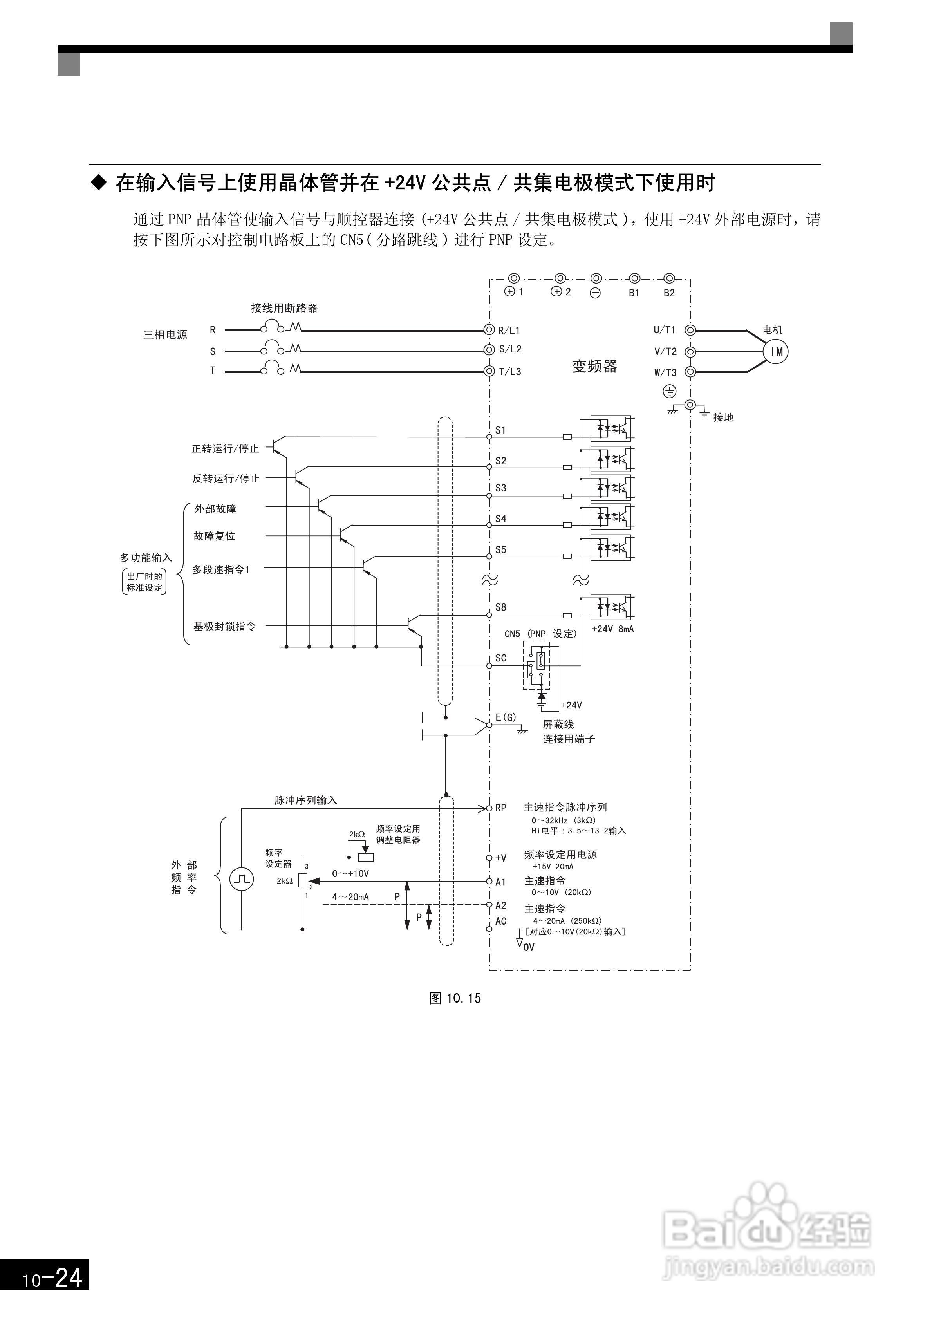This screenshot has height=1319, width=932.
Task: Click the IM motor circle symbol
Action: pyautogui.click(x=776, y=352)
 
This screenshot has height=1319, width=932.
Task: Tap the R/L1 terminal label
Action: pyautogui.click(x=509, y=330)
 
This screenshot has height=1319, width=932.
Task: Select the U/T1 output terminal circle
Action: pyautogui.click(x=691, y=330)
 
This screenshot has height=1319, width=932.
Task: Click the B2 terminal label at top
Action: pyautogui.click(x=669, y=293)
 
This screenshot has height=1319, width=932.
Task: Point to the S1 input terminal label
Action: pyautogui.click(x=500, y=430)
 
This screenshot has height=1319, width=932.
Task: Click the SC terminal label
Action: pyautogui.click(x=500, y=658)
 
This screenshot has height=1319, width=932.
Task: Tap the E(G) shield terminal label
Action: pyautogui.click(x=506, y=717)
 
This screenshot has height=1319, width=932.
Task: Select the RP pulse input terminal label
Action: pyautogui.click(x=500, y=808)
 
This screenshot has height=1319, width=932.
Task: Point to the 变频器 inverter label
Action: pyautogui.click(x=594, y=367)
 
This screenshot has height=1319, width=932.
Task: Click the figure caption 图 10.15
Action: pyautogui.click(x=455, y=998)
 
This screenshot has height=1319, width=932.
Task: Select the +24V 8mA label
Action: pyautogui.click(x=612, y=629)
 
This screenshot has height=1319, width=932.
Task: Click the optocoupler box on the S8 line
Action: pyautogui.click(x=611, y=607)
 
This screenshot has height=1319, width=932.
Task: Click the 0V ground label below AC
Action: pyautogui.click(x=528, y=947)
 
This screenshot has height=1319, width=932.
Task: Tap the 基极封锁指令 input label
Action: pyautogui.click(x=224, y=626)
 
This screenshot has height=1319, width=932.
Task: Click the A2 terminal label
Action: pyautogui.click(x=500, y=905)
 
